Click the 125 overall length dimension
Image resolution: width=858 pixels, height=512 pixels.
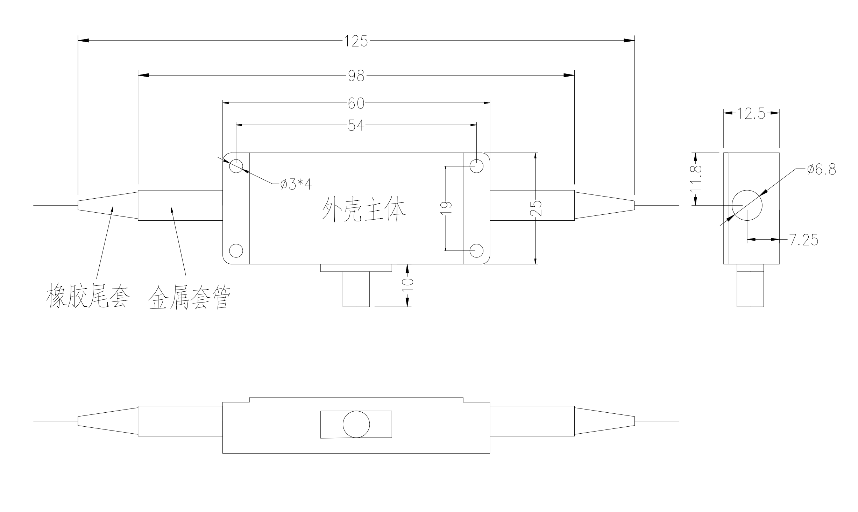coord(356,41)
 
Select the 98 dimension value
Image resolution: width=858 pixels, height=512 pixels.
coord(356,76)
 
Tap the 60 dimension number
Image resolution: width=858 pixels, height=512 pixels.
coord(356,103)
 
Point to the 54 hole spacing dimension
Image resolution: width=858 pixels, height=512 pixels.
coord(356,125)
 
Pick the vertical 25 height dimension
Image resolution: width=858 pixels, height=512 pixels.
coord(536,208)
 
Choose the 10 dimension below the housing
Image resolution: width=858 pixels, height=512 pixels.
coord(408,285)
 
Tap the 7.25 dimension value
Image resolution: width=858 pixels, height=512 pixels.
coord(804,240)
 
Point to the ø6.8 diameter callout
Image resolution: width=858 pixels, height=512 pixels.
coord(821,170)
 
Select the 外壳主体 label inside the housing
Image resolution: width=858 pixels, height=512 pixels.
coord(364,210)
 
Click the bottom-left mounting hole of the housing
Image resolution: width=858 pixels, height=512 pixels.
coord(236,250)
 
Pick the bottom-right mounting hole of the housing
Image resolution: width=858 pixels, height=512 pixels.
coord(476,250)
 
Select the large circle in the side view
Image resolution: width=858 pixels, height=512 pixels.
coord(747,205)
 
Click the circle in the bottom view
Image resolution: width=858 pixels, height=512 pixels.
coord(356,424)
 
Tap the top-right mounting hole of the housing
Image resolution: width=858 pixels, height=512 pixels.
coord(476,166)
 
